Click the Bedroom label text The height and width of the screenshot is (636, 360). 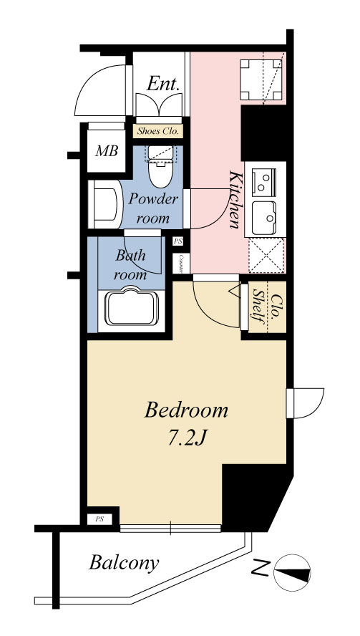[x=186, y=410]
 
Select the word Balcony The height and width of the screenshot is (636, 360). [x=124, y=564]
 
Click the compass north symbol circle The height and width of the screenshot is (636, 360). [x=292, y=573]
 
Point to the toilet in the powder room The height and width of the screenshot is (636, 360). [x=160, y=167]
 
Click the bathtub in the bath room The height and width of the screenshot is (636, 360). [x=132, y=307]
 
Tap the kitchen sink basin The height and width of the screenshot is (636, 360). [x=264, y=218]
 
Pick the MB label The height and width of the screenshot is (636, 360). [x=107, y=151]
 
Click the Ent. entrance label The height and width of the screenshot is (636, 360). [x=163, y=84]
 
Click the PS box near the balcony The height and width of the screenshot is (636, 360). [x=99, y=519]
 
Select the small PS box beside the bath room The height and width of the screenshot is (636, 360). [x=178, y=241]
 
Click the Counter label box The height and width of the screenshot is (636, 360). [x=179, y=264]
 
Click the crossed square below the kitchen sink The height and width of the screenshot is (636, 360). [x=266, y=256]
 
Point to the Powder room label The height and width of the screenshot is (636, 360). [x=154, y=208]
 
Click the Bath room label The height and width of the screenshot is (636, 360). [x=130, y=265]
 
